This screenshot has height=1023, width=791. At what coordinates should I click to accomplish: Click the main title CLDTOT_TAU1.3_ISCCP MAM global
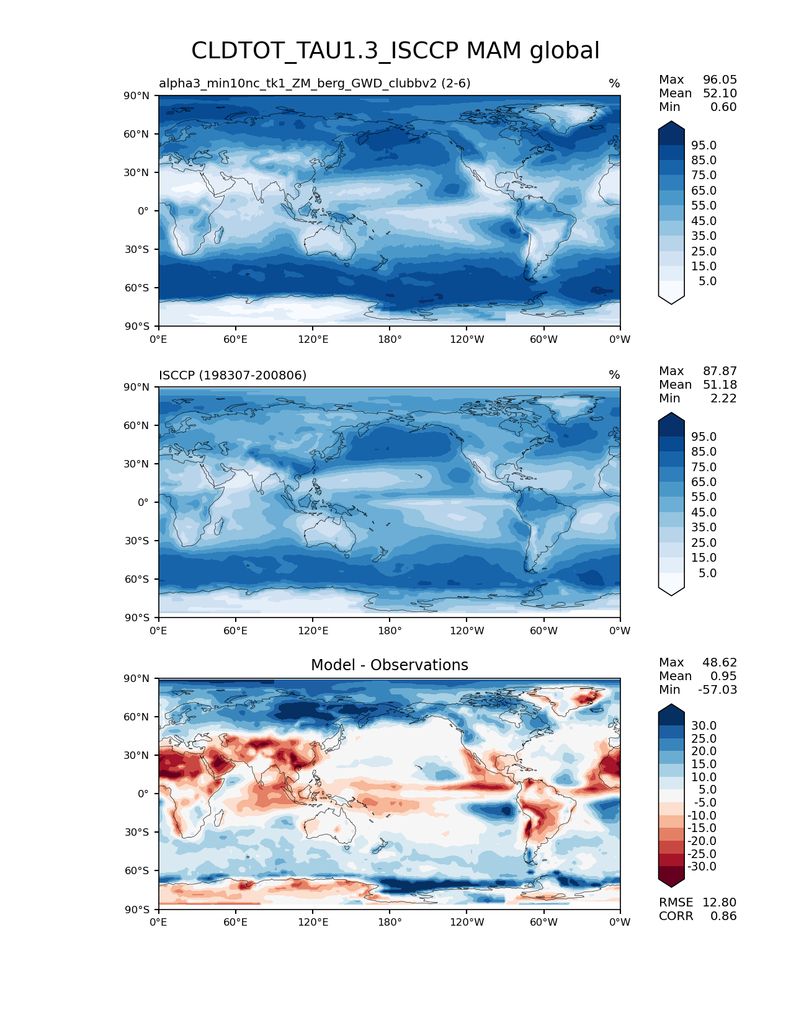pos(395,51)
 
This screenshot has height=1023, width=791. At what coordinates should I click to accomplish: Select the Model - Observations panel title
pos(389,665)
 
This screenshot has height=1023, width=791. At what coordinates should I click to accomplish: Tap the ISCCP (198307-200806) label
pos(233,375)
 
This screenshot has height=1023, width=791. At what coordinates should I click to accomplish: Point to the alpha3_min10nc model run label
pos(315,83)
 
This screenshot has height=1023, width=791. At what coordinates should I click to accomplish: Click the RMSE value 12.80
pos(719,902)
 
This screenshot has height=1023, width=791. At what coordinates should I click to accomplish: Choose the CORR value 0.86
pos(723,916)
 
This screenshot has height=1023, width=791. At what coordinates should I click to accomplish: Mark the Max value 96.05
pos(720,79)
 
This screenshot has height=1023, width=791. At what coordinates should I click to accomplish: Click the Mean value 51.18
pos(720,384)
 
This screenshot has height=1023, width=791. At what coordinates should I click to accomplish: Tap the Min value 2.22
pos(723,398)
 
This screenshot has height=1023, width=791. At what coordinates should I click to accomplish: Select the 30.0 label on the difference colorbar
pos(704,725)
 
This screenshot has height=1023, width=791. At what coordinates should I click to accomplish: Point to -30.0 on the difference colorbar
pos(702,866)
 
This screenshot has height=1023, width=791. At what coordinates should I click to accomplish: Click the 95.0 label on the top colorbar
pos(704,145)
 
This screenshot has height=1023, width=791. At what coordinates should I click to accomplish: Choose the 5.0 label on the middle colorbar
pos(707,573)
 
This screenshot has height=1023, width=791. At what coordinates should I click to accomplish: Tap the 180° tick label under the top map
pos(390,339)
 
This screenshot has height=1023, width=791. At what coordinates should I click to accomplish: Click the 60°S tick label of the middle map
pos(136,579)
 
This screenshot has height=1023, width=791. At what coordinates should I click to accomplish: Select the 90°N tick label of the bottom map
pos(136,678)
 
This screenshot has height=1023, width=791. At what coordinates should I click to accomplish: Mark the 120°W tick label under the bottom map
pos(467,922)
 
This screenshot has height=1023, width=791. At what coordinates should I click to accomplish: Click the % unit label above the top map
pos(614,83)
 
